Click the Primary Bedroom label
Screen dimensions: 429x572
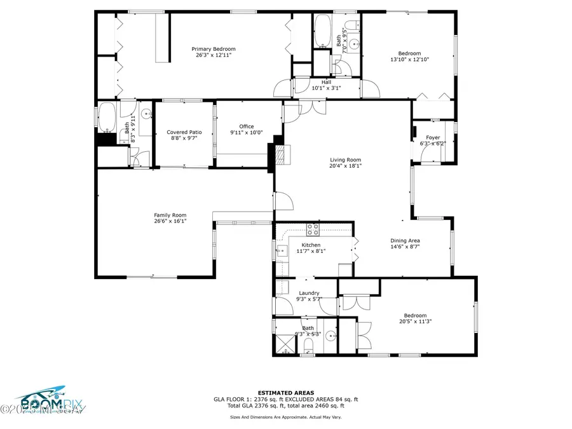point(215,49)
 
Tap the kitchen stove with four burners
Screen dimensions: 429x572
point(313,229)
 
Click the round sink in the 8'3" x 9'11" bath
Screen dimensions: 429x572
point(146,115)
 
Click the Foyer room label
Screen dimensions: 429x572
point(433,137)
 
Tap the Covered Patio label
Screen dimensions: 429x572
point(184,132)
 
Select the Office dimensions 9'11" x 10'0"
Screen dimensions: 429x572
point(246,132)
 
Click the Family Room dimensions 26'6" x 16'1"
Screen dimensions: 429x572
point(170,221)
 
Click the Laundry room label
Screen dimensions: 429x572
point(309,293)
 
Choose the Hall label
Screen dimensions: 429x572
point(326,82)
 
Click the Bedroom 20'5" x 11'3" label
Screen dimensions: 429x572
point(415,315)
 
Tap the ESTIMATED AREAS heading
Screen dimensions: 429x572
point(285,392)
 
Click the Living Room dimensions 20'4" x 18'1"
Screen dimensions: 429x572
point(345,167)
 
